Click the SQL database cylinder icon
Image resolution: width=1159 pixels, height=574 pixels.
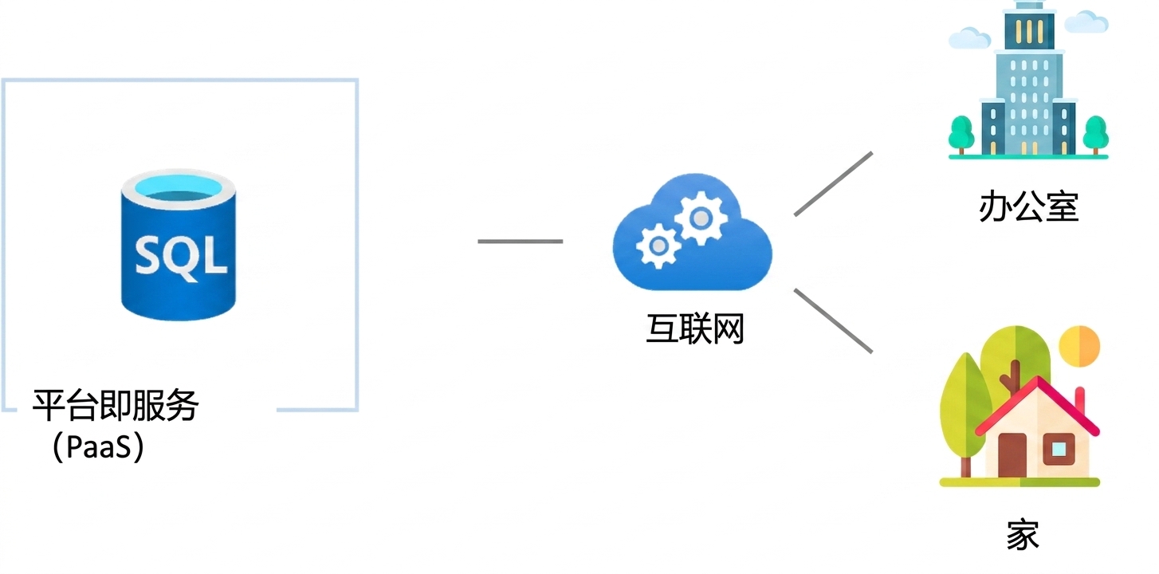179,245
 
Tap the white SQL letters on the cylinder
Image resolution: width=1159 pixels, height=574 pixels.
181,256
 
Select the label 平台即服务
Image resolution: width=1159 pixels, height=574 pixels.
116,405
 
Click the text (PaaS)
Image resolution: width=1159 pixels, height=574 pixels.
98,446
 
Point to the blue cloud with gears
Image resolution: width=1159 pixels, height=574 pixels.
693,232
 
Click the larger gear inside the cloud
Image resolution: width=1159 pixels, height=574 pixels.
701,218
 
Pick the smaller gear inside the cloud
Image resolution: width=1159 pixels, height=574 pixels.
658,246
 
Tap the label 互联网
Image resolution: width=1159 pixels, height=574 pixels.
695,328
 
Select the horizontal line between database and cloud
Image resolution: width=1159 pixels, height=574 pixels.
520,242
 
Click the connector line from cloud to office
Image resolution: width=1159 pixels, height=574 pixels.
834,183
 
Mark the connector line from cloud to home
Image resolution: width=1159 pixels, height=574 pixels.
834,321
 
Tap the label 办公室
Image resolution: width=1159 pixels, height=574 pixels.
1028,206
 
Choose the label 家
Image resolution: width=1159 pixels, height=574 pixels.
1023,534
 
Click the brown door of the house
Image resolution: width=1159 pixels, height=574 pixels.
1012,455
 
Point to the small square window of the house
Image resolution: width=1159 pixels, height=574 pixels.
1059,450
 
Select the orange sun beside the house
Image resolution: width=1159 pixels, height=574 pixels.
1079,346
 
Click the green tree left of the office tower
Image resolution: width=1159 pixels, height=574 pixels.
961,135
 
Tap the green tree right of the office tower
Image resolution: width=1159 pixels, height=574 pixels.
1095,135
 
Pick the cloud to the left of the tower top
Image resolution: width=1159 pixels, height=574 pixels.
969,37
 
